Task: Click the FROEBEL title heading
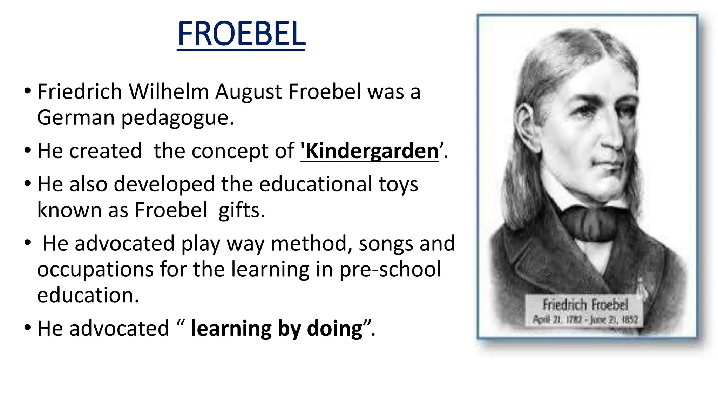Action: [241, 34]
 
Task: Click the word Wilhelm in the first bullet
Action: [169, 92]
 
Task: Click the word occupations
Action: [95, 270]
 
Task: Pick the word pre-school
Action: [390, 269]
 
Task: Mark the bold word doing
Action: [334, 329]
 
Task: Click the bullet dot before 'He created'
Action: [28, 151]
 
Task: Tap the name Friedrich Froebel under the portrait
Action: [585, 305]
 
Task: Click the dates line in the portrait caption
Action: [585, 319]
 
